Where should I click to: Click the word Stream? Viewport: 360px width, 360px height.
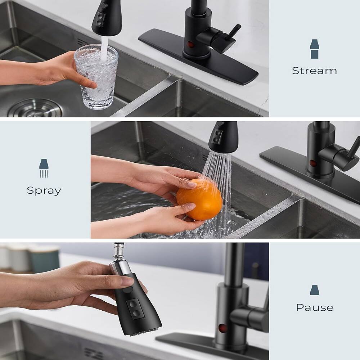pos(314,71)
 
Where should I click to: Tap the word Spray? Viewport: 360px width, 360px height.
pos(44,190)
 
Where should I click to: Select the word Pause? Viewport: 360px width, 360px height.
pos(314,307)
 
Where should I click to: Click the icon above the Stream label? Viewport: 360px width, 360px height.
pos(314,49)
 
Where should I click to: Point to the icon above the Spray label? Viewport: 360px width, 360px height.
pos(44,168)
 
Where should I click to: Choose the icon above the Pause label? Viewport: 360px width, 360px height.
pos(314,290)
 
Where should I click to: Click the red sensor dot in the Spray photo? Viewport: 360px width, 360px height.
pos(313,163)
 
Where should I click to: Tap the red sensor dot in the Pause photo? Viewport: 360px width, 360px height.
pos(223,328)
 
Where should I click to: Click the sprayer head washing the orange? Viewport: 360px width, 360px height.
pos(223,137)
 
